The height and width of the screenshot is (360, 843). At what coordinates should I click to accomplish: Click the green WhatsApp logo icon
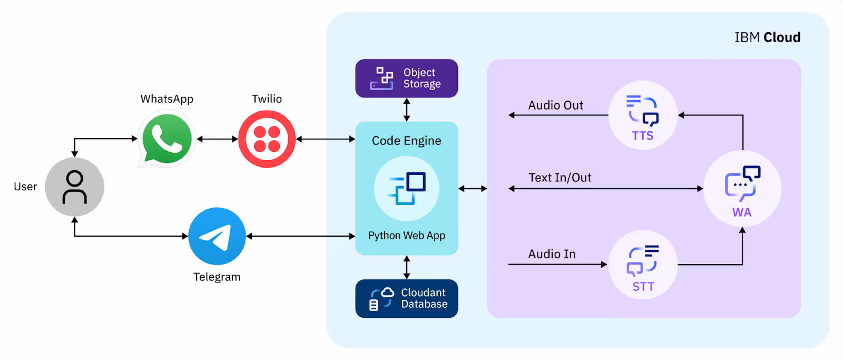[x=166, y=139]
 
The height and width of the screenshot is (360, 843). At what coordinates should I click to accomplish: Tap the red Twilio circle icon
[x=267, y=139]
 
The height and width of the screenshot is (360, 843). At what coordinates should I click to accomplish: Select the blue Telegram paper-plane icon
[x=217, y=236]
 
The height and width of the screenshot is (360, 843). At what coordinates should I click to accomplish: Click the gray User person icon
[x=74, y=187]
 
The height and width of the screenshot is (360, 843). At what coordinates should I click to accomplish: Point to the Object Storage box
[x=406, y=79]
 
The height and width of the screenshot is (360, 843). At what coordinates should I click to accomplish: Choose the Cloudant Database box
[x=406, y=298]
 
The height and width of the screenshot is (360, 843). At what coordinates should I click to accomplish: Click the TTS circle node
[x=642, y=115]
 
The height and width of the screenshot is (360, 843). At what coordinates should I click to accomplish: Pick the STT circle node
[x=643, y=265]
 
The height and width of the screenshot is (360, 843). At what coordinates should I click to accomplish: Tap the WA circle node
[x=742, y=189]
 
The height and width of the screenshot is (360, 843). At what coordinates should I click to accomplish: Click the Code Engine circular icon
[x=406, y=189]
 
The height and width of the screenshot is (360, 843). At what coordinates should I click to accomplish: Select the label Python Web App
[x=406, y=236]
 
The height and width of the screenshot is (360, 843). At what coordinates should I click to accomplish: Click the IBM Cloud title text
[x=767, y=37]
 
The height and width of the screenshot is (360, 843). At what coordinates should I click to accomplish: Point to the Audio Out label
[x=555, y=105]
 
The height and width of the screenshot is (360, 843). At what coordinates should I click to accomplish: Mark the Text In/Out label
[x=560, y=178]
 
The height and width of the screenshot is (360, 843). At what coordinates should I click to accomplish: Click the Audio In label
[x=552, y=254]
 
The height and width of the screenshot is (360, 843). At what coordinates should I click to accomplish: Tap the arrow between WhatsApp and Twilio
[x=217, y=139]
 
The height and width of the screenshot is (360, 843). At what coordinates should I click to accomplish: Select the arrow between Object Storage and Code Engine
[x=406, y=110]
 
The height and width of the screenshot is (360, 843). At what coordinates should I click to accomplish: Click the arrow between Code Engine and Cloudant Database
[x=406, y=267]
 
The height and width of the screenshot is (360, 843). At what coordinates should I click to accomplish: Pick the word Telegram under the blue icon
[x=217, y=277]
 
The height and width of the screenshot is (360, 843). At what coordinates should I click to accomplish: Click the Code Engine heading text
[x=406, y=141]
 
